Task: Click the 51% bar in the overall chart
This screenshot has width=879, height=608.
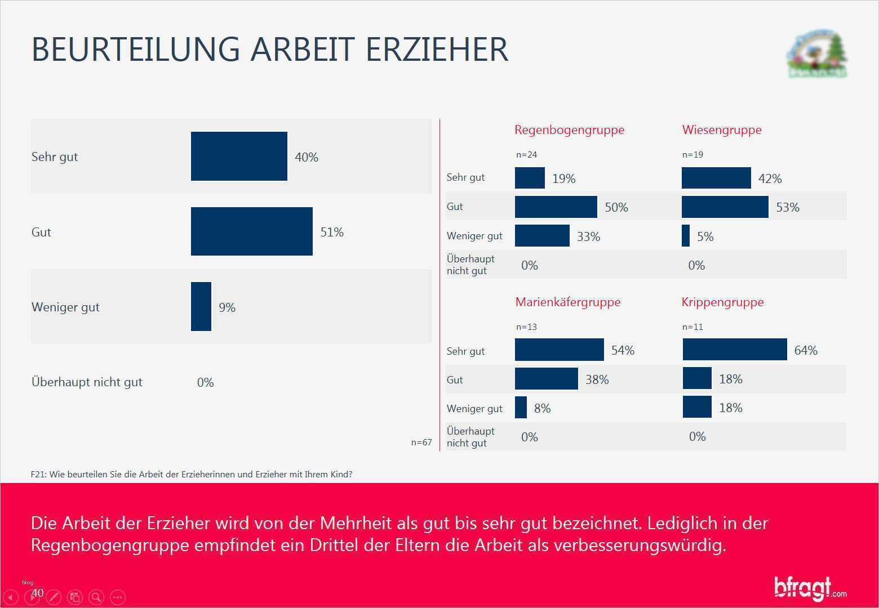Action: (251, 231)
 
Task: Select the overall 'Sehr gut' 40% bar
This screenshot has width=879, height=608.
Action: (239, 157)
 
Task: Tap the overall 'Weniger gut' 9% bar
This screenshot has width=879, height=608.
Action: (201, 307)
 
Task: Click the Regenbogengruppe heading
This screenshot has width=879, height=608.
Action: (569, 130)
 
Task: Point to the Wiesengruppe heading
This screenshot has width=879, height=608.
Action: (721, 130)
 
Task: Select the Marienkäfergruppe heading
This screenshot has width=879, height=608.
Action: (567, 302)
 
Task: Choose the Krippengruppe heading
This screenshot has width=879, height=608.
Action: (722, 302)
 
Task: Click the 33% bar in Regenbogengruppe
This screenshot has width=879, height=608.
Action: (542, 236)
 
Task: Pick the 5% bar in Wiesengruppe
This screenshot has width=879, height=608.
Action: (686, 236)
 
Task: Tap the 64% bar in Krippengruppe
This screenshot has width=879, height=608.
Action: (734, 350)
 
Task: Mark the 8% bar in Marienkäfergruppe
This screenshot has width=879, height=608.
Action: (521, 408)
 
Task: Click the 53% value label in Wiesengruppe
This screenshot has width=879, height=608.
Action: (787, 208)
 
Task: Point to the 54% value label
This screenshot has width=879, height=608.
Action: (623, 351)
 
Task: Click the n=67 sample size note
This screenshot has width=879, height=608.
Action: (421, 442)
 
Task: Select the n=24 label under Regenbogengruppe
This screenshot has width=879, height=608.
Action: (526, 155)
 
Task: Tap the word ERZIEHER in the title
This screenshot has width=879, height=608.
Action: (437, 49)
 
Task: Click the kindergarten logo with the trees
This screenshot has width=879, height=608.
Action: (816, 55)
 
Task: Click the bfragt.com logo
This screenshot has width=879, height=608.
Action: (809, 588)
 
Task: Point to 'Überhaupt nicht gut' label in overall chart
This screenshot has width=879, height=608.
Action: (87, 382)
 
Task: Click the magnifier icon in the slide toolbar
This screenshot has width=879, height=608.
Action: (96, 597)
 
